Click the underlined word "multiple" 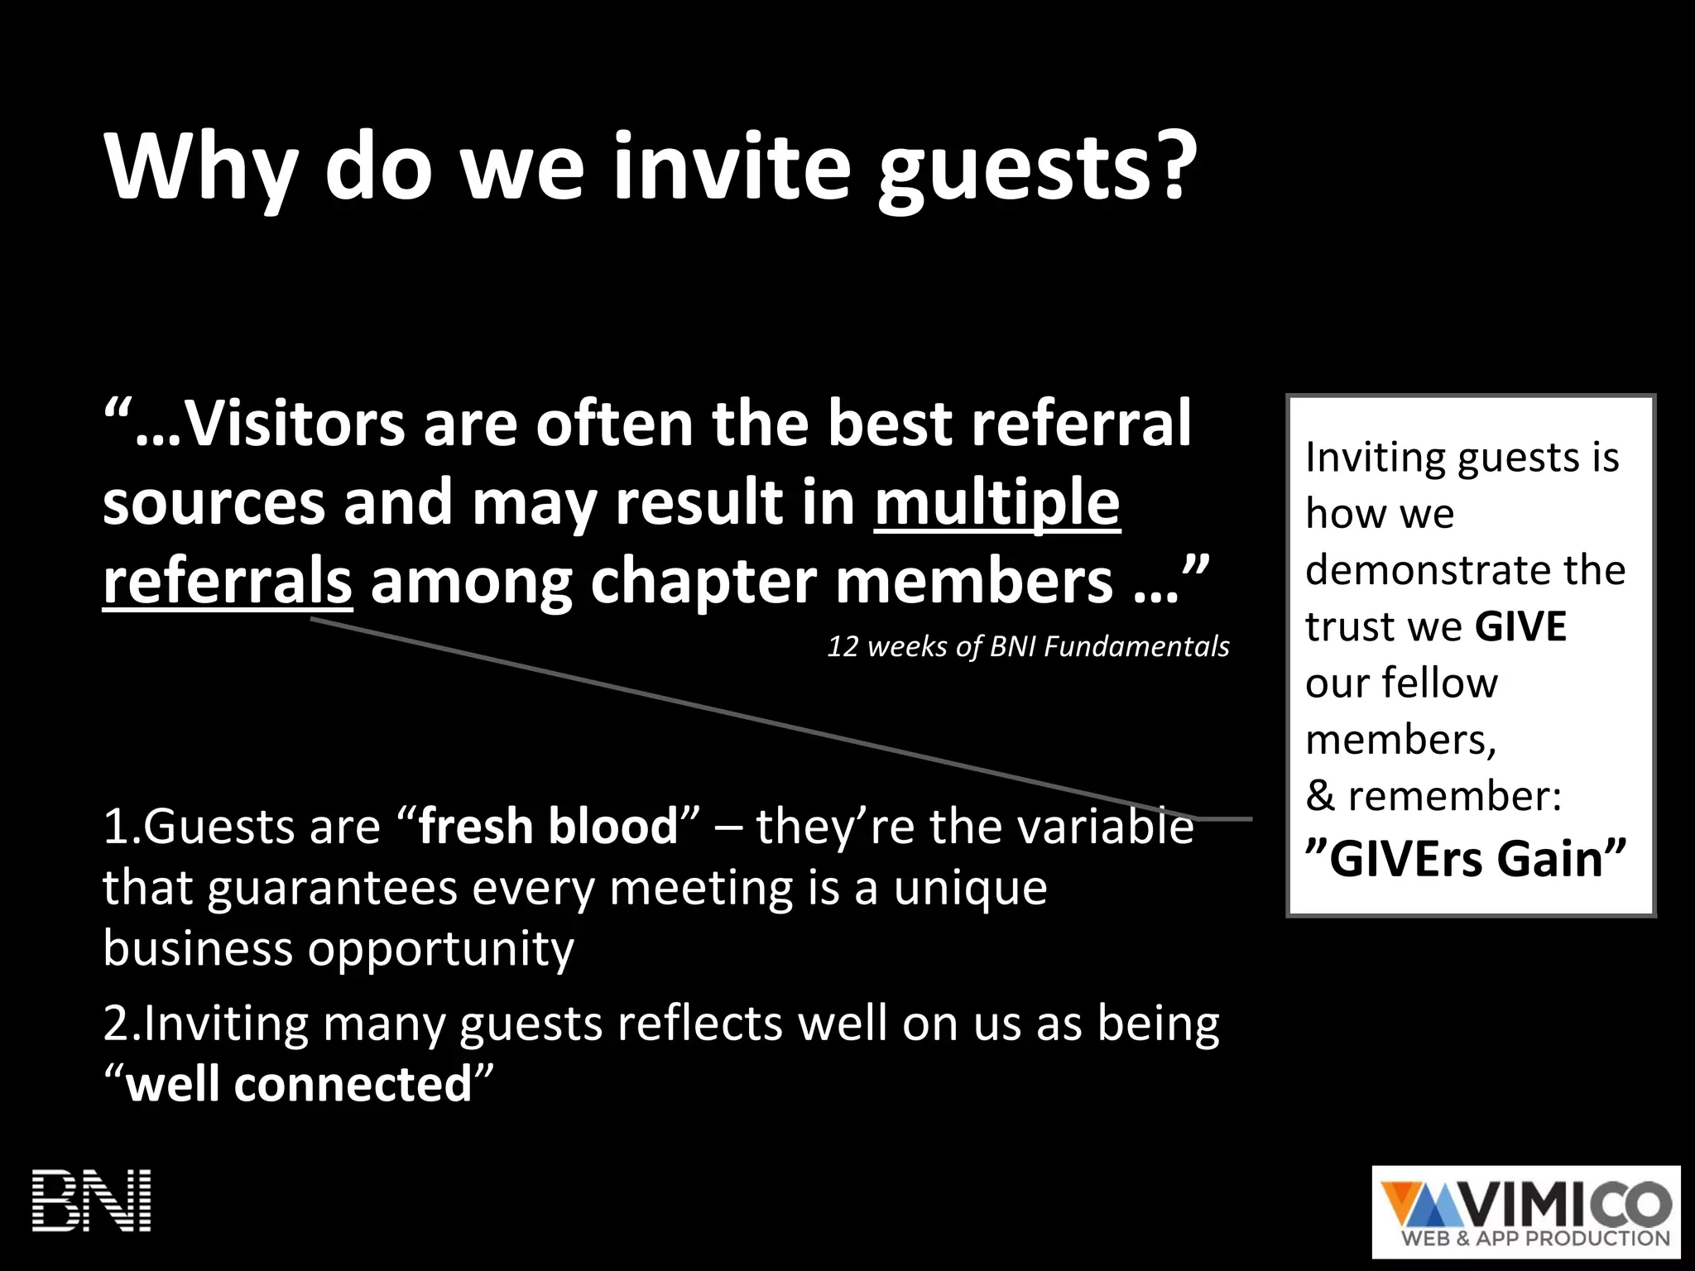click(996, 503)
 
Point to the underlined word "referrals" click(227, 582)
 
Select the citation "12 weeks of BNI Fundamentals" click(1028, 646)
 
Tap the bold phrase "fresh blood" click(548, 827)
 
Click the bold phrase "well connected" click(299, 1084)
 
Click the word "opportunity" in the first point click(440, 948)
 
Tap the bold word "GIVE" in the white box click(1520, 626)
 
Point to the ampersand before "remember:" click(1320, 796)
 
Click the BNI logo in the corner click(91, 1200)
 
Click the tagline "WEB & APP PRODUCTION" click(1546, 1239)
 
